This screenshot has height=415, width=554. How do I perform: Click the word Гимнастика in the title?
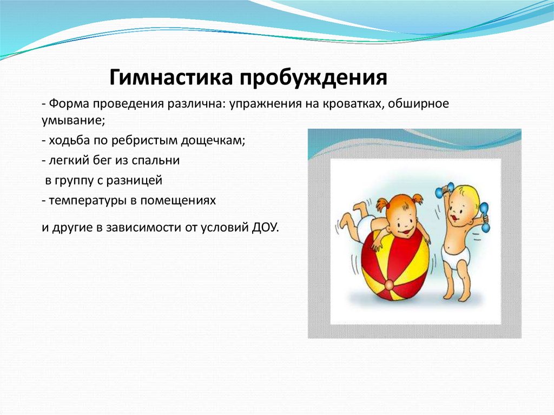[x=171, y=78]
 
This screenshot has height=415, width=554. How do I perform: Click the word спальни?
[x=155, y=161]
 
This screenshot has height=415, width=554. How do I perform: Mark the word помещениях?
[x=178, y=201]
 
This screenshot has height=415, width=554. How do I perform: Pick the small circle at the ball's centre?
[x=388, y=284]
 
